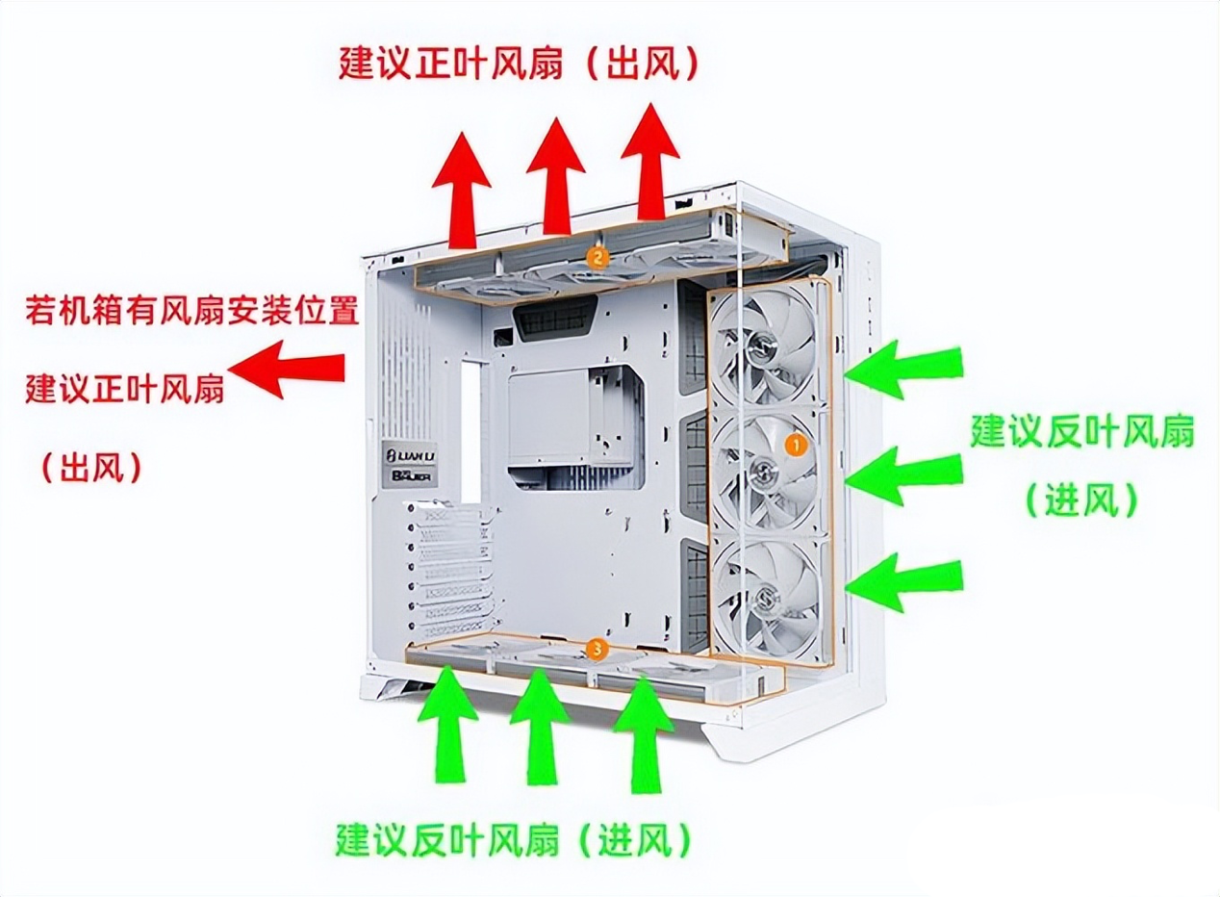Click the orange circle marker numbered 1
click(795, 445)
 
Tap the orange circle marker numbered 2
click(597, 256)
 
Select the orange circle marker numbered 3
click(597, 650)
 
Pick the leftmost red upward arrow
click(465, 188)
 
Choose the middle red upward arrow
click(556, 175)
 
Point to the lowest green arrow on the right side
click(903, 581)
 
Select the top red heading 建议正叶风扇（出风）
click(519, 63)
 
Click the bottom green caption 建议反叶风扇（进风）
click(514, 841)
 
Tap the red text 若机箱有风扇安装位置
click(191, 311)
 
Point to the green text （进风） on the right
click(1080, 500)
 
